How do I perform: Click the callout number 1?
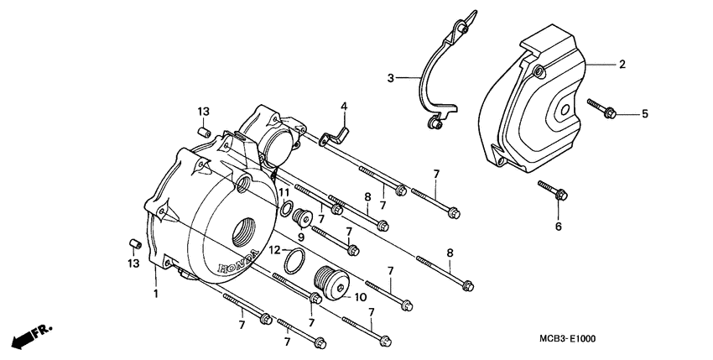point(155,294)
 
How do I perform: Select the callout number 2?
point(622,65)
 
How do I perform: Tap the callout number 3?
point(391,78)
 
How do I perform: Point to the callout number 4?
point(344,106)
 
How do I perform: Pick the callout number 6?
point(557,225)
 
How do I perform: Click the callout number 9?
point(301,237)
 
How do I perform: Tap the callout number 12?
point(274,250)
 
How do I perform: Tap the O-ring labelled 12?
point(294,262)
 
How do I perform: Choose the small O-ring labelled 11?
point(286,208)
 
